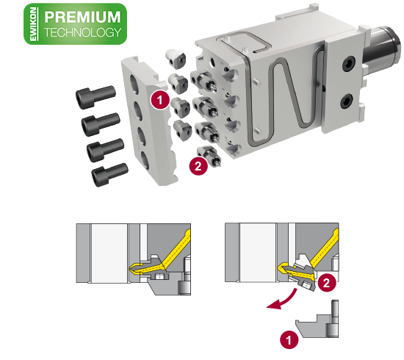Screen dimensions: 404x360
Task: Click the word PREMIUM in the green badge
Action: (x=82, y=17)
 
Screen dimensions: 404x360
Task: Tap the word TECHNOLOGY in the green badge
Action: (x=82, y=32)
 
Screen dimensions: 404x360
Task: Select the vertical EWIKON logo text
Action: (x=34, y=24)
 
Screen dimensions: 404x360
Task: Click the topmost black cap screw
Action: (x=95, y=97)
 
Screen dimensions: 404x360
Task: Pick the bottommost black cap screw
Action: (x=109, y=174)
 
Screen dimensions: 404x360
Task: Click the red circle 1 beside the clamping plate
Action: (x=160, y=100)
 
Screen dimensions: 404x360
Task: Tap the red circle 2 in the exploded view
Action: (x=198, y=166)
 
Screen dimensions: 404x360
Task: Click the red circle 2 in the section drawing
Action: (x=327, y=283)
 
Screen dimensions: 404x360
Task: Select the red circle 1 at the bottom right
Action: (x=289, y=339)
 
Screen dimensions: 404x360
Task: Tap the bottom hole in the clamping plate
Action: (x=145, y=160)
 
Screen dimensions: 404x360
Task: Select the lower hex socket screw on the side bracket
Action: (x=347, y=101)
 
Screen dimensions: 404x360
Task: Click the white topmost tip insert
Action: (x=176, y=59)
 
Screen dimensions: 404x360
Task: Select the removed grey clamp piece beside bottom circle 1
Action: (x=317, y=325)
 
